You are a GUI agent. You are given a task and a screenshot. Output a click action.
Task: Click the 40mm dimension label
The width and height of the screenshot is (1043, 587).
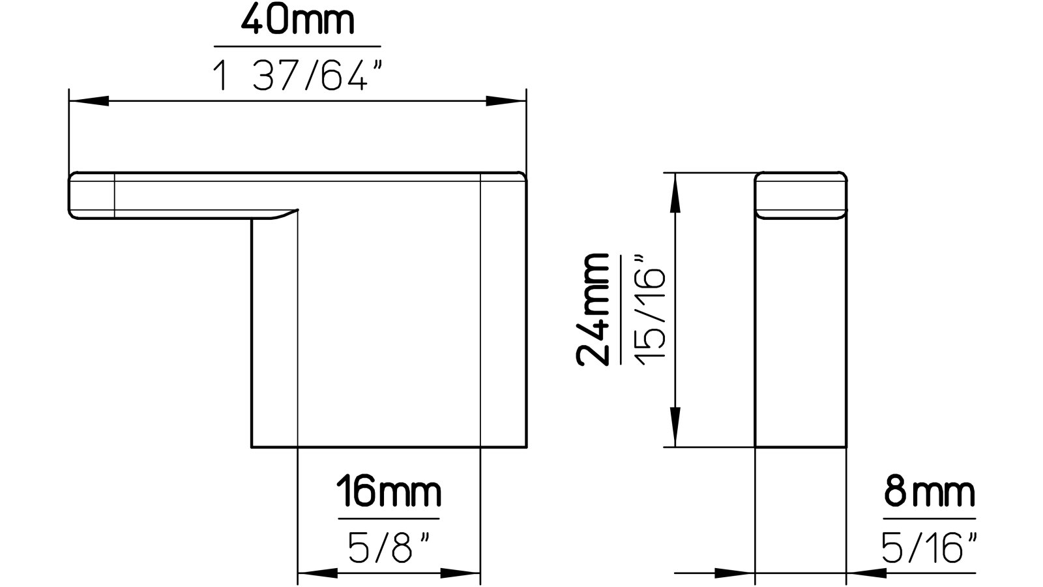click(297, 22)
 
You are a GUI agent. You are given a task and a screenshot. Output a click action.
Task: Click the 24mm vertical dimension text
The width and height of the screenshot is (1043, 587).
click(594, 309)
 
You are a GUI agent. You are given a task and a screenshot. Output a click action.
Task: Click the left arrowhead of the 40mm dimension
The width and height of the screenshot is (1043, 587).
click(88, 101)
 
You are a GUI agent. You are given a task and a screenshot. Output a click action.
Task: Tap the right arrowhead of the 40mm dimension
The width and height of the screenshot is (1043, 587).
click(507, 101)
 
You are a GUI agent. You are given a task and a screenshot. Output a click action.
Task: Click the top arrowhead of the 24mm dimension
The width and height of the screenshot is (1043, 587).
click(675, 192)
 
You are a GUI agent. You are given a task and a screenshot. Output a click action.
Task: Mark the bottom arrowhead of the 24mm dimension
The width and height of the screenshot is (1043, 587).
click(675, 427)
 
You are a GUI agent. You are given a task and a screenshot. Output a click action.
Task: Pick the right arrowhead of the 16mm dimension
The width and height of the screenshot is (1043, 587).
click(461, 574)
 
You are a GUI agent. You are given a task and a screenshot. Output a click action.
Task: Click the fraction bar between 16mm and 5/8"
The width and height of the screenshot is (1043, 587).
click(389, 519)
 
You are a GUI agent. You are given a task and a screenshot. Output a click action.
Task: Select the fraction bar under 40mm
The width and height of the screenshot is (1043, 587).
click(297, 47)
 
